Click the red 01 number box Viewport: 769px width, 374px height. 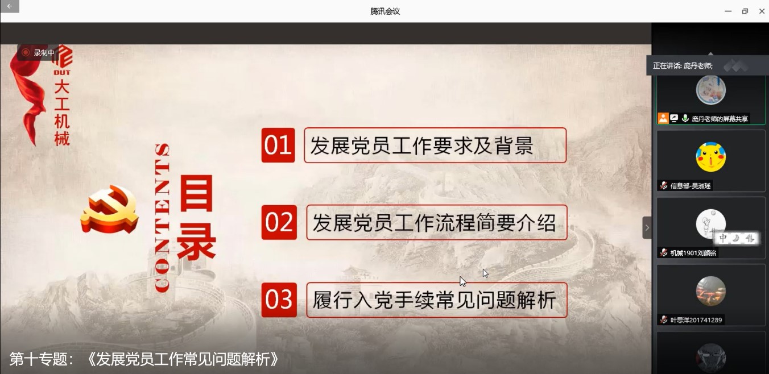tap(278, 145)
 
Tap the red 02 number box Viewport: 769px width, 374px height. tap(279, 222)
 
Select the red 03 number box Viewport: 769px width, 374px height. tap(279, 300)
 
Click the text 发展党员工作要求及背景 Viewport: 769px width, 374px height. tap(421, 146)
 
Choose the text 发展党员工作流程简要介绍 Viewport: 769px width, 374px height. tap(435, 223)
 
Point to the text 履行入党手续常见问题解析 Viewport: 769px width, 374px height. tap(435, 300)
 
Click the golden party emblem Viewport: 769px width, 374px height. tap(110, 210)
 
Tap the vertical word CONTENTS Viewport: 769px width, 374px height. tap(162, 218)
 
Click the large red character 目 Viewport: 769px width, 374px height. tap(196, 193)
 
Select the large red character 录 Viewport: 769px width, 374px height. tap(196, 243)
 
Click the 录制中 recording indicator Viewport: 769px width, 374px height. tap(38, 52)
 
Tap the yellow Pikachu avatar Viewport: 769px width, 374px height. tap(710, 157)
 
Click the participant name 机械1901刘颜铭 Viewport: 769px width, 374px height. tap(693, 253)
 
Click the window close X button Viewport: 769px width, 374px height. tap(762, 11)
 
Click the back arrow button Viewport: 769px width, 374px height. tap(10, 6)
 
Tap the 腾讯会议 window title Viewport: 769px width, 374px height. tap(385, 11)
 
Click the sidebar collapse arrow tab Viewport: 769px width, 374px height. tap(647, 227)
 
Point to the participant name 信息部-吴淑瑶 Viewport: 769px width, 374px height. tap(691, 186)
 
